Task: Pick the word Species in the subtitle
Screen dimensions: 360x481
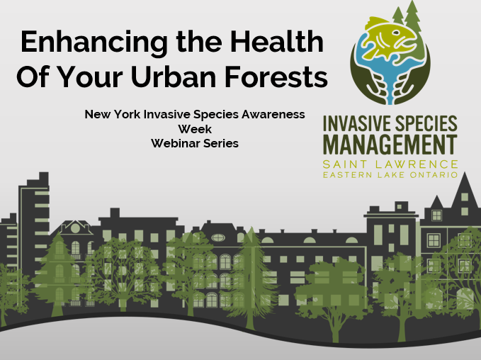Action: [x=213, y=114]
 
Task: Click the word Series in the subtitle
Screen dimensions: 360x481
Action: [x=221, y=142]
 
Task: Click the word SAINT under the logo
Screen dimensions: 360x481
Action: [x=347, y=164]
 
